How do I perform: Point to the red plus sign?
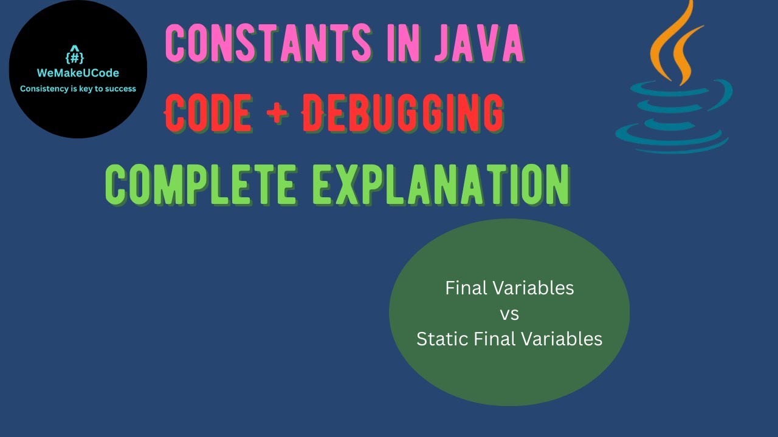(278, 113)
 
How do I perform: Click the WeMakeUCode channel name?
(78, 73)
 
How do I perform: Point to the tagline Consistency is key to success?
(78, 89)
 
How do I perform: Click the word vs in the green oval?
(509, 314)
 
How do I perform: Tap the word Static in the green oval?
(438, 339)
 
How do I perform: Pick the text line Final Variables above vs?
(509, 288)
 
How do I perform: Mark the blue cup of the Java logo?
(672, 112)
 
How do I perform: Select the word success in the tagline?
(121, 89)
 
